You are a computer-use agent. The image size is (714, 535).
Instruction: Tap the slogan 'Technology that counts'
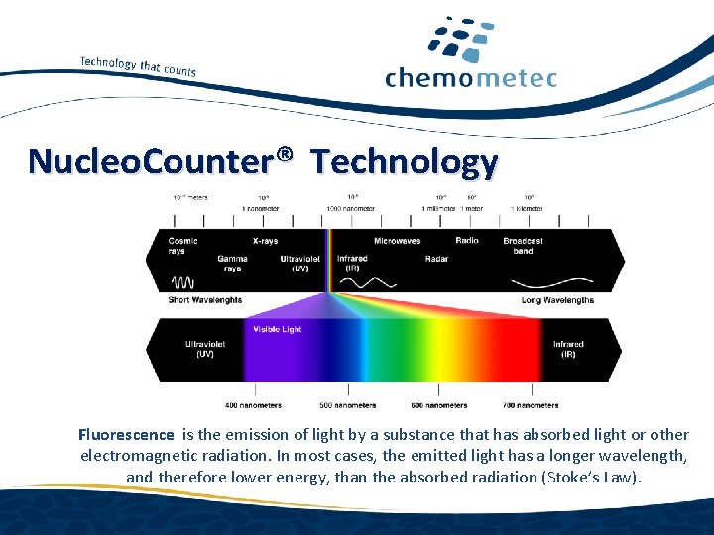(138, 65)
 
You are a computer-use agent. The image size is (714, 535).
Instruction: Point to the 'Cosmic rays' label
(182, 245)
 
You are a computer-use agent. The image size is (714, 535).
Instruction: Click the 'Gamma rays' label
(232, 264)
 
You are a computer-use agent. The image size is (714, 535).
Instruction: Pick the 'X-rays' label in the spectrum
(265, 240)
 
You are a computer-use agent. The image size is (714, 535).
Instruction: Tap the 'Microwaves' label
(397, 240)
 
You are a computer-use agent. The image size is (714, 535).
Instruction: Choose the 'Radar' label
(436, 259)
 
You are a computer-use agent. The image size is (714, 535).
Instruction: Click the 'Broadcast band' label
(523, 245)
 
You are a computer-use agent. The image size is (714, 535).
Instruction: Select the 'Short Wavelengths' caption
(205, 300)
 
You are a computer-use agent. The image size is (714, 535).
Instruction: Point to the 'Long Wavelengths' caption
(557, 300)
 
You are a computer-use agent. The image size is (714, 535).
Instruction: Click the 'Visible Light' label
(277, 329)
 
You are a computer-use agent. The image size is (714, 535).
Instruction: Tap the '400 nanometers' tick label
(253, 405)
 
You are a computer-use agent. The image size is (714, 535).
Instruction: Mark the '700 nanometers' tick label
(531, 405)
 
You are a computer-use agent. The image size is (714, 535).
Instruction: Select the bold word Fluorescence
(126, 434)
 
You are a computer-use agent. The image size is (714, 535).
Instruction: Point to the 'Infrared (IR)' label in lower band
(568, 349)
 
